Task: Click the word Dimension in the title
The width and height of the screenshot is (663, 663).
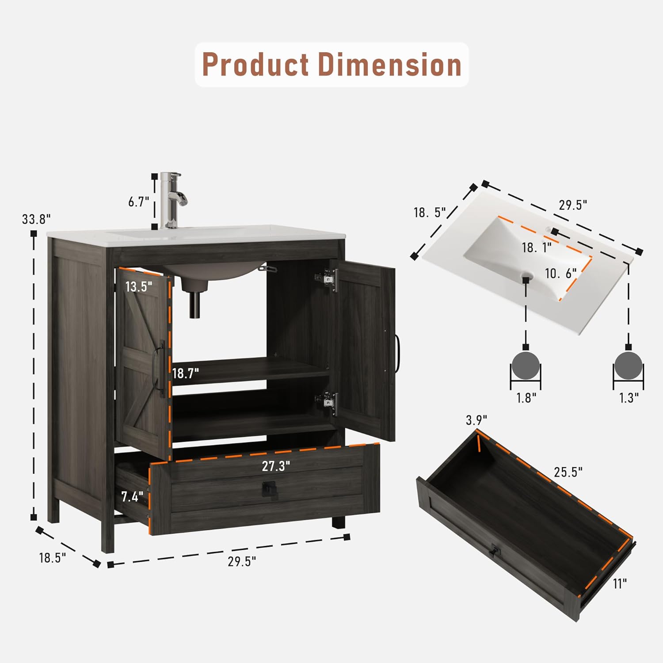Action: [390, 65]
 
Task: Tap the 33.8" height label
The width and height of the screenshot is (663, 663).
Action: [37, 219]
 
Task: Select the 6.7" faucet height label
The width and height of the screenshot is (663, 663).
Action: [139, 202]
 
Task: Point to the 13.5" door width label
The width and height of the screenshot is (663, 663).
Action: [139, 286]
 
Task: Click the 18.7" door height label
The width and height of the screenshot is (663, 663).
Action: [186, 373]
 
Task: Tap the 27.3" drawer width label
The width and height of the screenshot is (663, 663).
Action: [276, 466]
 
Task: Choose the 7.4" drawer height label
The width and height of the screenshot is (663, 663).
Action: [132, 497]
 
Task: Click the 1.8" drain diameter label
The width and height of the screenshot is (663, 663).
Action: [526, 398]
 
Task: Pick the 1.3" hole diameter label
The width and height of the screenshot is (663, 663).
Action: [629, 398]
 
